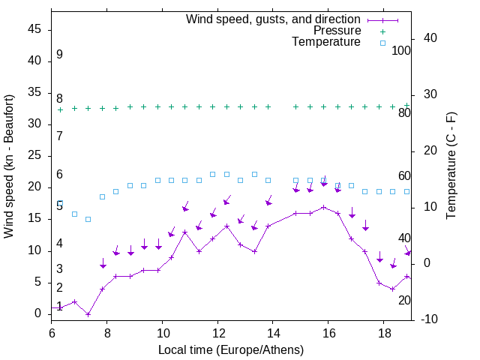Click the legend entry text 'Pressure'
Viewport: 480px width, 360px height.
coord(337,31)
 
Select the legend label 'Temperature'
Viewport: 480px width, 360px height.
coord(326,42)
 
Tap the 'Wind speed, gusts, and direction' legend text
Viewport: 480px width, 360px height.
coord(274,19)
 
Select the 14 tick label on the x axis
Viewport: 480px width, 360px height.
coord(272,332)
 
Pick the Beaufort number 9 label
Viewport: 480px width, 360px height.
coord(59,55)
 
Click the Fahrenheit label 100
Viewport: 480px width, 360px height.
coord(402,51)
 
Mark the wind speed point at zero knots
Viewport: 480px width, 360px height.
coord(88,314)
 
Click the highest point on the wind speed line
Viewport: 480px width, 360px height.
coord(323,207)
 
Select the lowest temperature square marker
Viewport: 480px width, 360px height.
coord(88,219)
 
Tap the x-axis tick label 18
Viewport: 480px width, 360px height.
coord(383,332)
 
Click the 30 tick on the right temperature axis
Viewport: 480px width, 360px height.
coord(430,94)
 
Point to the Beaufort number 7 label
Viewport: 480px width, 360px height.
coord(59,136)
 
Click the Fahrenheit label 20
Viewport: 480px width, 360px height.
coord(404,300)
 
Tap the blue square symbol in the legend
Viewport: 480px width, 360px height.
coord(382,43)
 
